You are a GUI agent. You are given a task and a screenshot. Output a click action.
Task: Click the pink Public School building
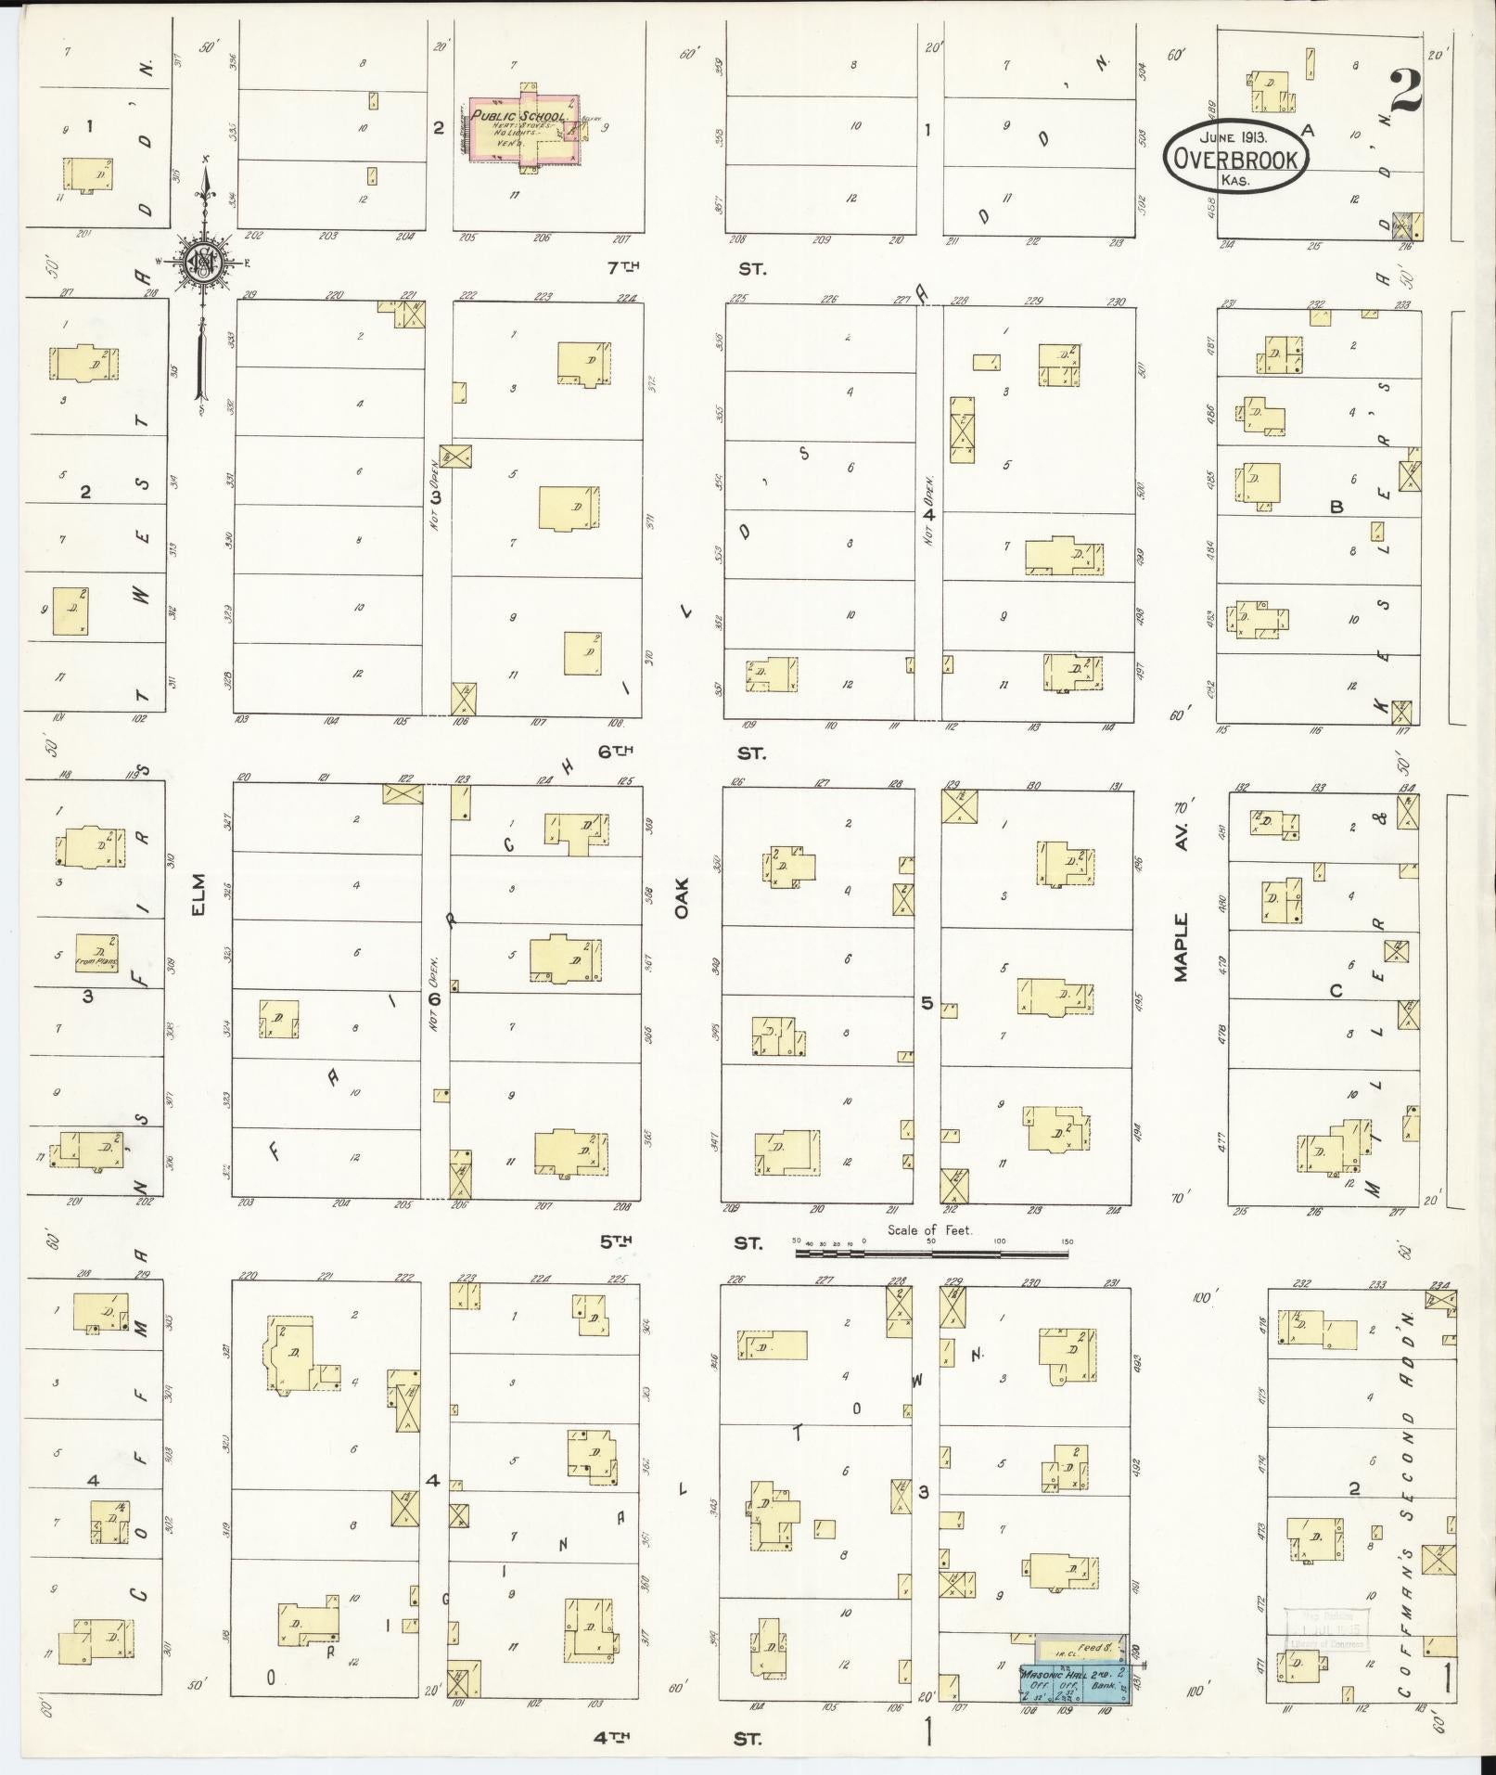525,129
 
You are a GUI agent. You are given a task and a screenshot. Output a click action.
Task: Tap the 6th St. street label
681,752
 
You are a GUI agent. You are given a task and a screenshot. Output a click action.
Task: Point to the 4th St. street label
681,1739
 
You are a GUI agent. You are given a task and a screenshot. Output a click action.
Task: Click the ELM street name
198,896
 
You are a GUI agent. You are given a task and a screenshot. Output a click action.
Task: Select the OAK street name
684,899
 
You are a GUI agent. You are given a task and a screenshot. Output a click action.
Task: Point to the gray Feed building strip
1080,1647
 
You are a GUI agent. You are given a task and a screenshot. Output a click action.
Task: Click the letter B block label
1336,508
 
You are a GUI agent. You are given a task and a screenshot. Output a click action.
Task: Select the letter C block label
1336,991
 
